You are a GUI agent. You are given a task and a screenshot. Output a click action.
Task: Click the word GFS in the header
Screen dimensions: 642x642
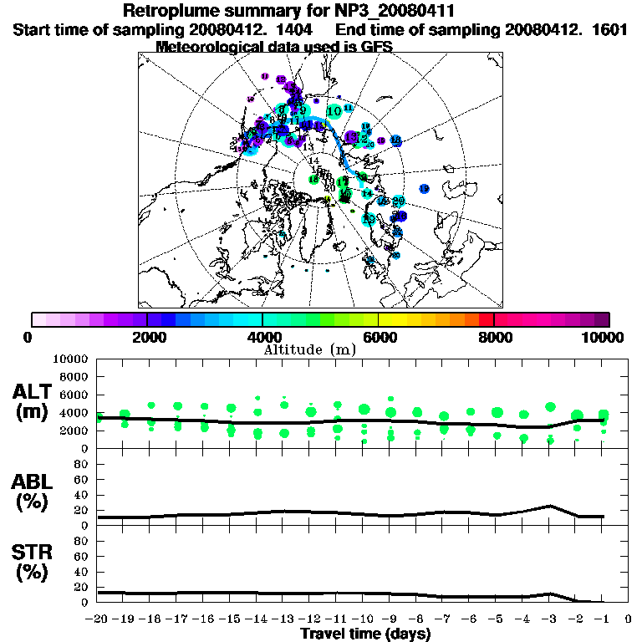(x=376, y=46)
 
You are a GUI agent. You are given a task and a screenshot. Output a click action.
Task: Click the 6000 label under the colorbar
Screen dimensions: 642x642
(x=379, y=337)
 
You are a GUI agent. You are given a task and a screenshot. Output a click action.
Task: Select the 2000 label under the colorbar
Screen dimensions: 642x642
(x=147, y=337)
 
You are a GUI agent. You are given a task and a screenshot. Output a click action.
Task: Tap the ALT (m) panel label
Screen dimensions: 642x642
(x=33, y=400)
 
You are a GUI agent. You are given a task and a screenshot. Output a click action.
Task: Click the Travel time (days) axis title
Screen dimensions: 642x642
(x=365, y=634)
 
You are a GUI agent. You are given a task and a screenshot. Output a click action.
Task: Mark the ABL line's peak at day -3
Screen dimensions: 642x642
(x=549, y=506)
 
